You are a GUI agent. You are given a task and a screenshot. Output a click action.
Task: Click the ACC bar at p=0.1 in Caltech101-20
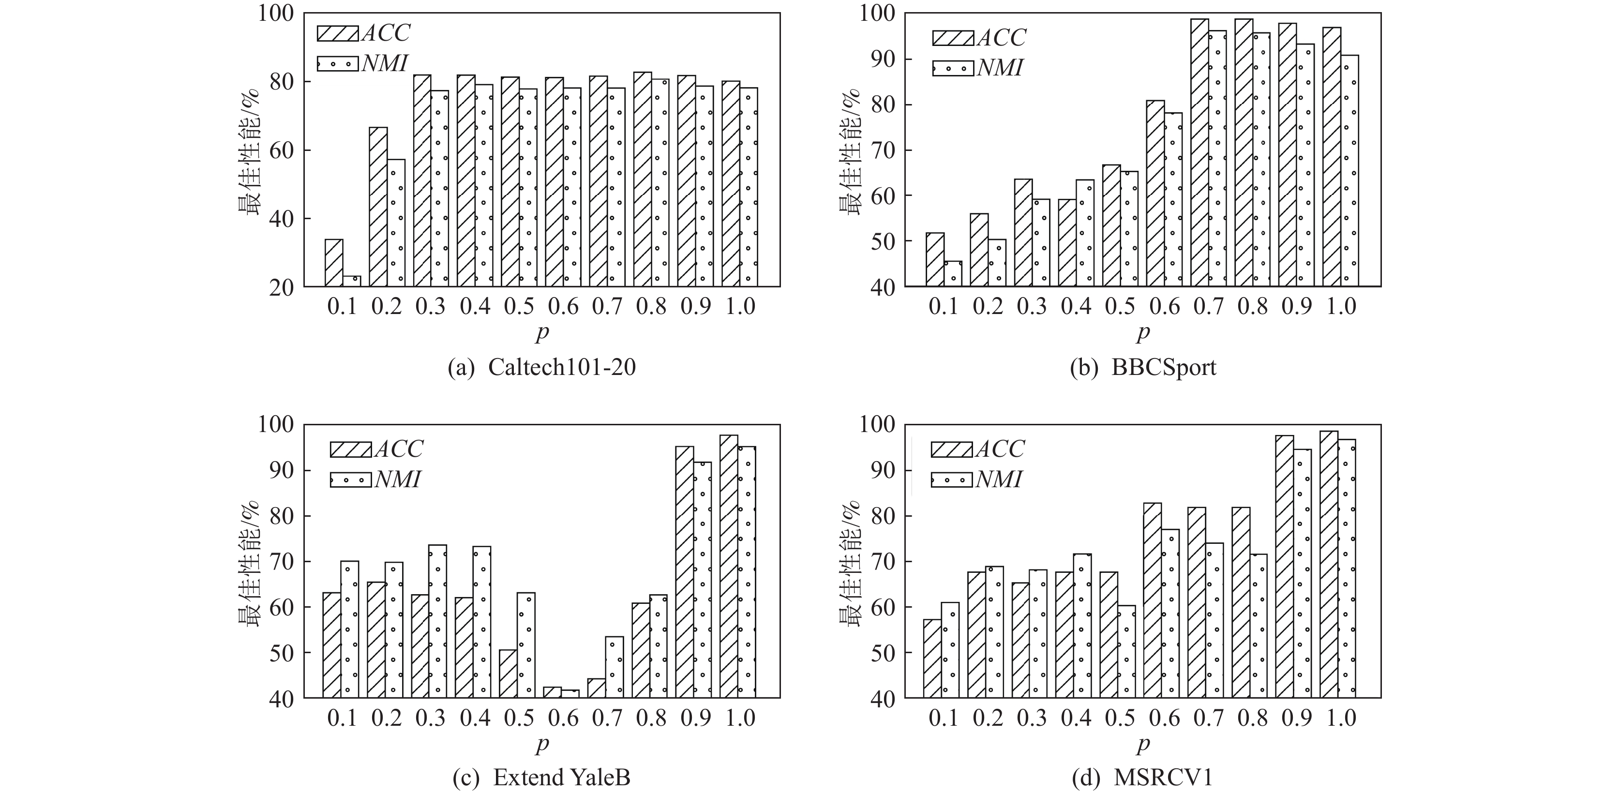pyautogui.click(x=334, y=263)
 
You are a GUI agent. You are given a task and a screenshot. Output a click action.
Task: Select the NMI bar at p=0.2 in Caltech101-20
pyautogui.click(x=396, y=223)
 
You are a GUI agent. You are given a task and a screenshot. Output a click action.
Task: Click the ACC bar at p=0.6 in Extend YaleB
pyautogui.click(x=553, y=692)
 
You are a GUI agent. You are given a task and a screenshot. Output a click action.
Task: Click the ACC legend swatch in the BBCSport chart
pyautogui.click(x=953, y=38)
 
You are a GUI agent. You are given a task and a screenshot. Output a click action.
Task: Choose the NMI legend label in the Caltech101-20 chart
pyautogui.click(x=385, y=63)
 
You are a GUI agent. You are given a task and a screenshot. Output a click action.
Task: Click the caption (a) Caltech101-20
pyautogui.click(x=542, y=367)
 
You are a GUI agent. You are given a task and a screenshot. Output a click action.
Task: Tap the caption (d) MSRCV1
pyautogui.click(x=1142, y=778)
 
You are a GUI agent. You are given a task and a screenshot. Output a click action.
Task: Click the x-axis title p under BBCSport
pyautogui.click(x=1142, y=332)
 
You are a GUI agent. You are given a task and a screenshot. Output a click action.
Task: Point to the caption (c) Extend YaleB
pyautogui.click(x=542, y=778)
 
